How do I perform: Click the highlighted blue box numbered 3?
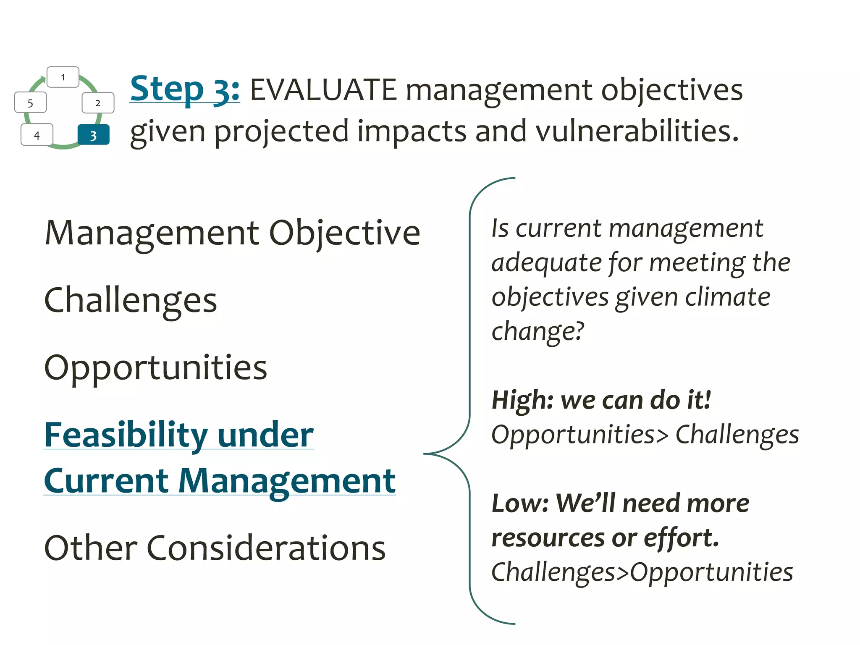tap(94, 135)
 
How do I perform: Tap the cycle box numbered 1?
tap(63, 77)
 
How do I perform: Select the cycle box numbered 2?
tap(98, 103)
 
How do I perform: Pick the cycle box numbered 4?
tap(37, 135)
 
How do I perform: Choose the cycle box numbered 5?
tap(30, 103)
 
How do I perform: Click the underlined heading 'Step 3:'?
tap(185, 89)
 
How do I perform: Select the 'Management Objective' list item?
tap(232, 233)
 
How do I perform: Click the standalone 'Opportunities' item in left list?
tap(155, 367)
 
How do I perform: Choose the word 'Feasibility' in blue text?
tap(126, 435)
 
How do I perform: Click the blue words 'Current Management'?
tap(219, 481)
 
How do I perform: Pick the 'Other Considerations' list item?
tap(215, 548)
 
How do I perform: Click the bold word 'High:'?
tap(523, 400)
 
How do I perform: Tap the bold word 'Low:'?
tap(520, 503)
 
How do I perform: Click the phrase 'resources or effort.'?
tap(605, 538)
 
